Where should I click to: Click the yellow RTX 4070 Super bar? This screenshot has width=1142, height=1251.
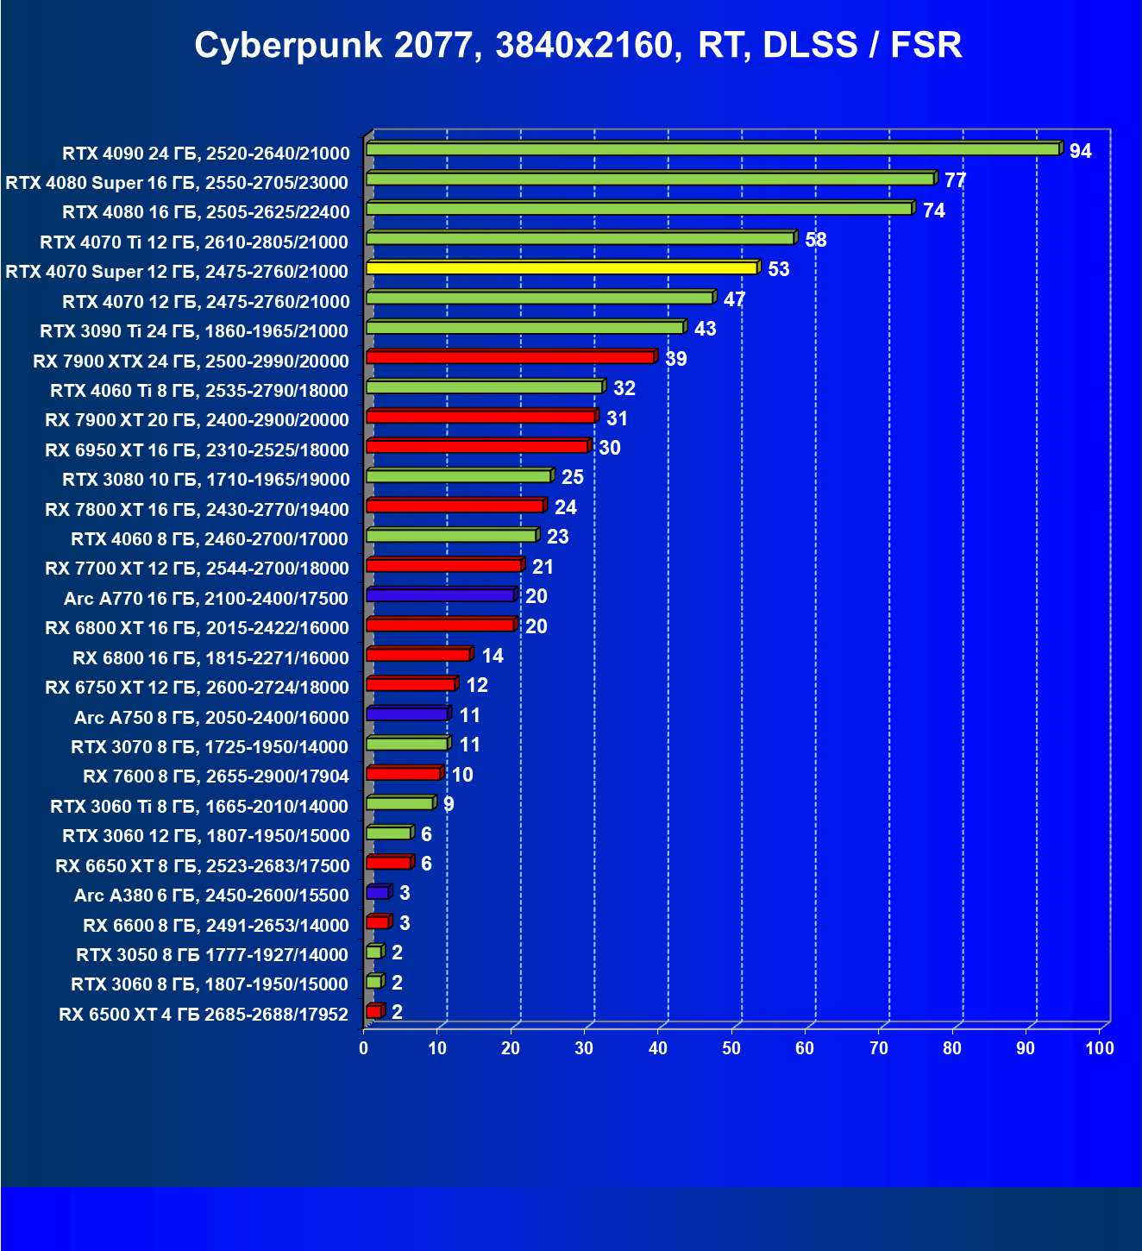pyautogui.click(x=562, y=268)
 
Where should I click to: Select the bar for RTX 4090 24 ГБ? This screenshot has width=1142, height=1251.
pyautogui.click(x=712, y=149)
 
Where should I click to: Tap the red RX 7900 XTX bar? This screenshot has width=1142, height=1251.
pyautogui.click(x=510, y=357)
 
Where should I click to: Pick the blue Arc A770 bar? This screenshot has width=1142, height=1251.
pyautogui.click(x=440, y=595)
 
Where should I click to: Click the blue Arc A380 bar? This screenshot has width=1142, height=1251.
pyautogui.click(x=378, y=892)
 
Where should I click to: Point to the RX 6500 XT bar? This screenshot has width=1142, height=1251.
pyautogui.click(x=373, y=1011)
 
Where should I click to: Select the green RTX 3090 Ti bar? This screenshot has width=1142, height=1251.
pyautogui.click(x=524, y=328)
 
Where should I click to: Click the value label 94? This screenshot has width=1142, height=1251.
pyautogui.click(x=1080, y=152)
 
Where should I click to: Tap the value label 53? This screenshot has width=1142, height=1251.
pyautogui.click(x=778, y=270)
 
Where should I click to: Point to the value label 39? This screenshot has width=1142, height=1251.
pyautogui.click(x=675, y=359)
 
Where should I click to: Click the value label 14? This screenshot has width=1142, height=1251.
pyautogui.click(x=492, y=657)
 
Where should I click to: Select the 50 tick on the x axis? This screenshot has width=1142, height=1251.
pyautogui.click(x=731, y=1048)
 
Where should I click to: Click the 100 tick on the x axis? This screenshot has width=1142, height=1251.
pyautogui.click(x=1099, y=1048)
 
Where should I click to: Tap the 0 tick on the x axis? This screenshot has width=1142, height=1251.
pyautogui.click(x=364, y=1048)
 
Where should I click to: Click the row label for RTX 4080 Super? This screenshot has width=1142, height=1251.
pyautogui.click(x=177, y=183)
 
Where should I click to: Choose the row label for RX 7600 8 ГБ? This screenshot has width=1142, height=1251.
pyautogui.click(x=216, y=776)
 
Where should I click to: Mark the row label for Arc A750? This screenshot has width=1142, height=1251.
pyautogui.click(x=211, y=718)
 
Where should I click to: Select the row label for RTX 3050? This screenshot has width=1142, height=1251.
pyautogui.click(x=212, y=955)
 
